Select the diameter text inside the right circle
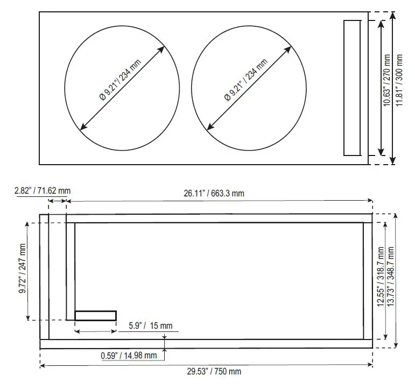coord(247,79)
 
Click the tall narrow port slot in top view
coord(353,88)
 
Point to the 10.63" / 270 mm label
coord(386,88)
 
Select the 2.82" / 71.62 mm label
coord(43,190)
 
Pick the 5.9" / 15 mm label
coord(151,326)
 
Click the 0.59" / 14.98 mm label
coord(129,355)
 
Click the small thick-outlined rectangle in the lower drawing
coord(95,315)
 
